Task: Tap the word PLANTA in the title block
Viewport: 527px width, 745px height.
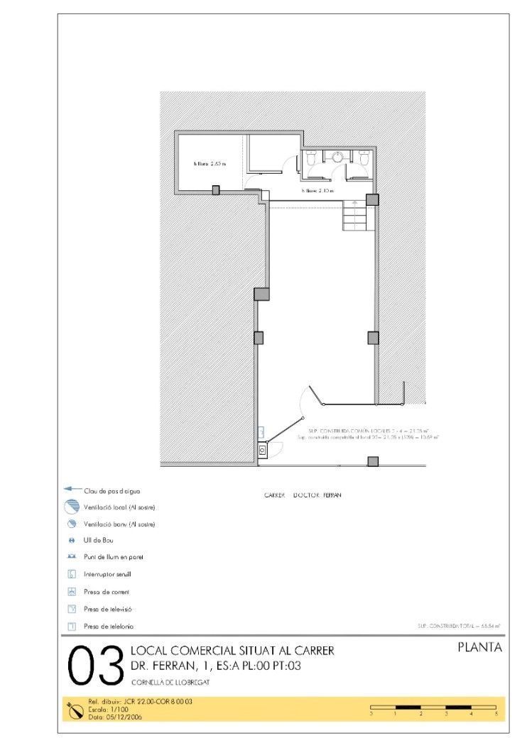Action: coord(480,647)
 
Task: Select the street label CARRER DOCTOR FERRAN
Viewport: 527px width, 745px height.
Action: coord(302,495)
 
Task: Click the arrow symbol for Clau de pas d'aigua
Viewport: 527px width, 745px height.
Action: coord(72,490)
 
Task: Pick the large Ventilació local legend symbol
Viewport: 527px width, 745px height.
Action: coord(72,507)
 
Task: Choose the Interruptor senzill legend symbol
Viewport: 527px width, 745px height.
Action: coord(72,574)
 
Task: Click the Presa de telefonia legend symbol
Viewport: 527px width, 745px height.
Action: coord(72,626)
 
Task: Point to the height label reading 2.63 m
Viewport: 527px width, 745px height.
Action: coord(210,164)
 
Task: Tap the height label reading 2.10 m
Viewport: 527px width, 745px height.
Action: coord(317,191)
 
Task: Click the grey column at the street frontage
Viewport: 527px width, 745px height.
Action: coord(372,462)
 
